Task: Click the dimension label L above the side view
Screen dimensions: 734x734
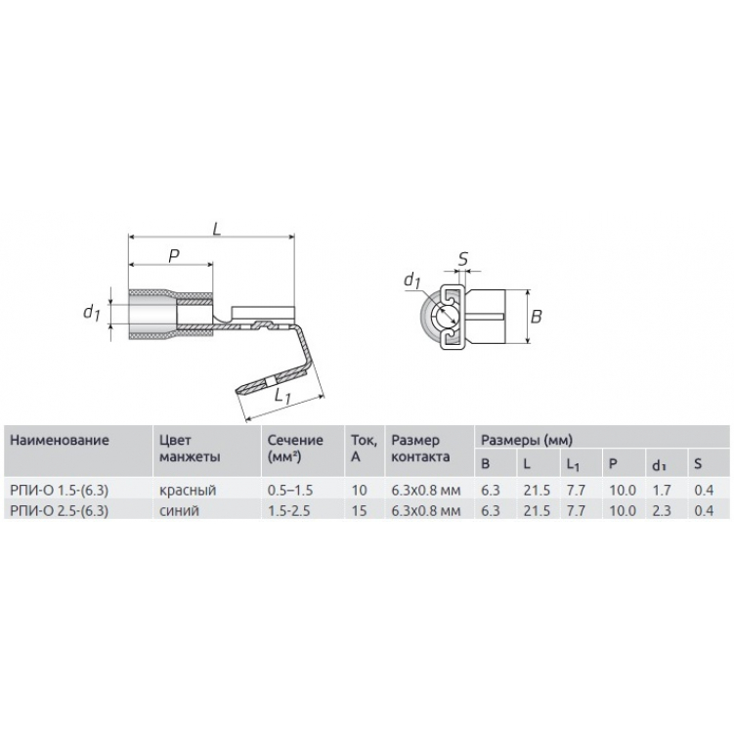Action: pyautogui.click(x=216, y=229)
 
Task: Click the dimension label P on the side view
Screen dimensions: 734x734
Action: pyautogui.click(x=174, y=256)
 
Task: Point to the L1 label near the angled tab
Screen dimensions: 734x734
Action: pyautogui.click(x=282, y=396)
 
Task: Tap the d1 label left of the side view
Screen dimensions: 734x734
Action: pyautogui.click(x=92, y=312)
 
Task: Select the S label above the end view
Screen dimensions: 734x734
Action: pyautogui.click(x=462, y=259)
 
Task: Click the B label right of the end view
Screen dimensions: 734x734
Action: pyautogui.click(x=536, y=317)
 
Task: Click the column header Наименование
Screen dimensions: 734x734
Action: pyautogui.click(x=60, y=440)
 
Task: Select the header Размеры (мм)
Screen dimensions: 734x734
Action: pyautogui.click(x=527, y=440)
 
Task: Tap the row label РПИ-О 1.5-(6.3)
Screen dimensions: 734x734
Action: pyautogui.click(x=59, y=490)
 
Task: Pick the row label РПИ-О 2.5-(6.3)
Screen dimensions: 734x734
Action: pyautogui.click(x=59, y=510)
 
